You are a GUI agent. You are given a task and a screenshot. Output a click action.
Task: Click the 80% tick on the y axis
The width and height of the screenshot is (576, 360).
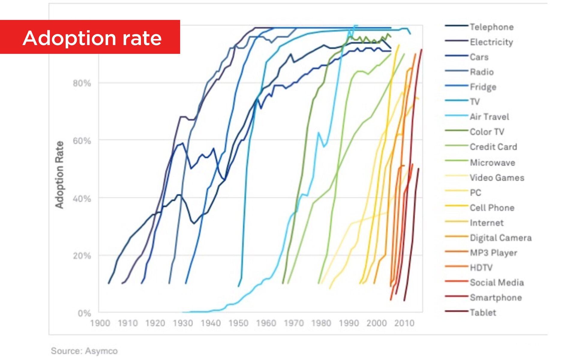point(82,83)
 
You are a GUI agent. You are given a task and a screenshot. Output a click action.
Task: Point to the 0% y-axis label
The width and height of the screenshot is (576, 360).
point(84,313)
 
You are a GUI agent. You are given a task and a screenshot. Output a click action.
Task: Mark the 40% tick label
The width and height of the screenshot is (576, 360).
point(82,199)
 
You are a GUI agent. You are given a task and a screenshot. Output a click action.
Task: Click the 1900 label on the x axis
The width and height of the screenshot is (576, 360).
point(100,323)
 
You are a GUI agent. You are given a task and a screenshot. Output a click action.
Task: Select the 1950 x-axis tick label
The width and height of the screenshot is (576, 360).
point(238,323)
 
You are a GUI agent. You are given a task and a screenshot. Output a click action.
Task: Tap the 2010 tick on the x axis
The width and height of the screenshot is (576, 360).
point(404,323)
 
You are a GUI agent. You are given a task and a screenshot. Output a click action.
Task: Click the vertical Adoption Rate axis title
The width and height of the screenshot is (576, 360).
point(59,175)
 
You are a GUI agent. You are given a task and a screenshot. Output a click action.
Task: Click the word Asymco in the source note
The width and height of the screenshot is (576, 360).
point(101,351)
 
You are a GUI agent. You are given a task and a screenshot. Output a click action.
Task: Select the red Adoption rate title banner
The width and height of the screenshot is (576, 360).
point(90,37)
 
